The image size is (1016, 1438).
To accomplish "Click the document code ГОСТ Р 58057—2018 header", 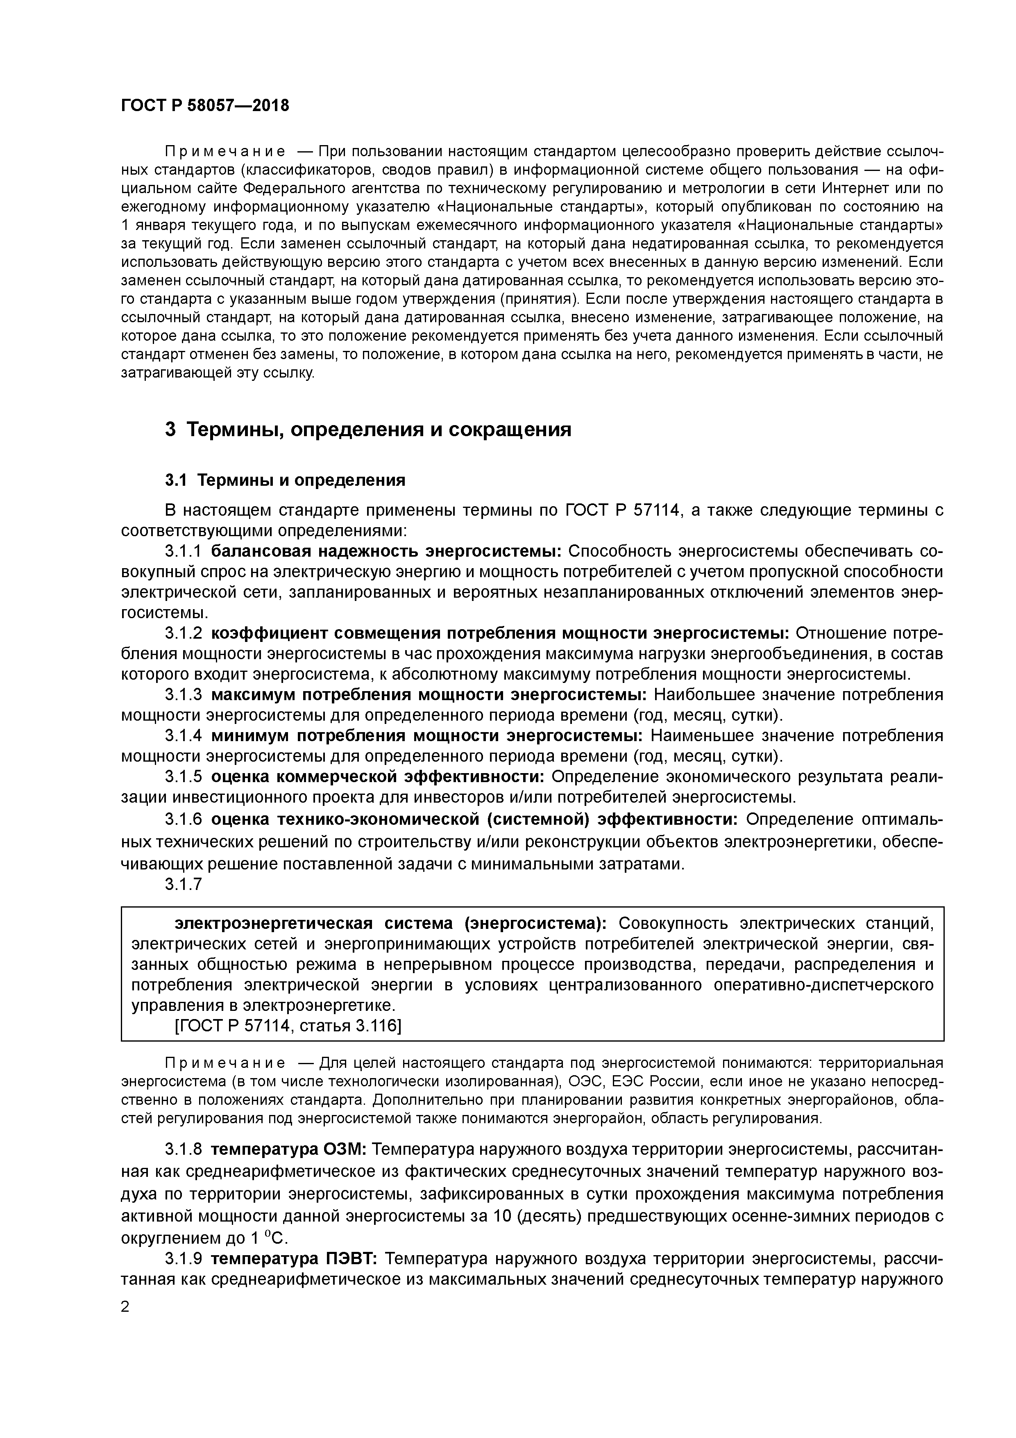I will tap(205, 105).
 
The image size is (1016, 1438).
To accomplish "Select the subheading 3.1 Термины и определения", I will tap(285, 480).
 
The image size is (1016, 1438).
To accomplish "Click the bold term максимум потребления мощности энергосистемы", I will tap(429, 695).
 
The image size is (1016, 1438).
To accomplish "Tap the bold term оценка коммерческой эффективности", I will tap(377, 777).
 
